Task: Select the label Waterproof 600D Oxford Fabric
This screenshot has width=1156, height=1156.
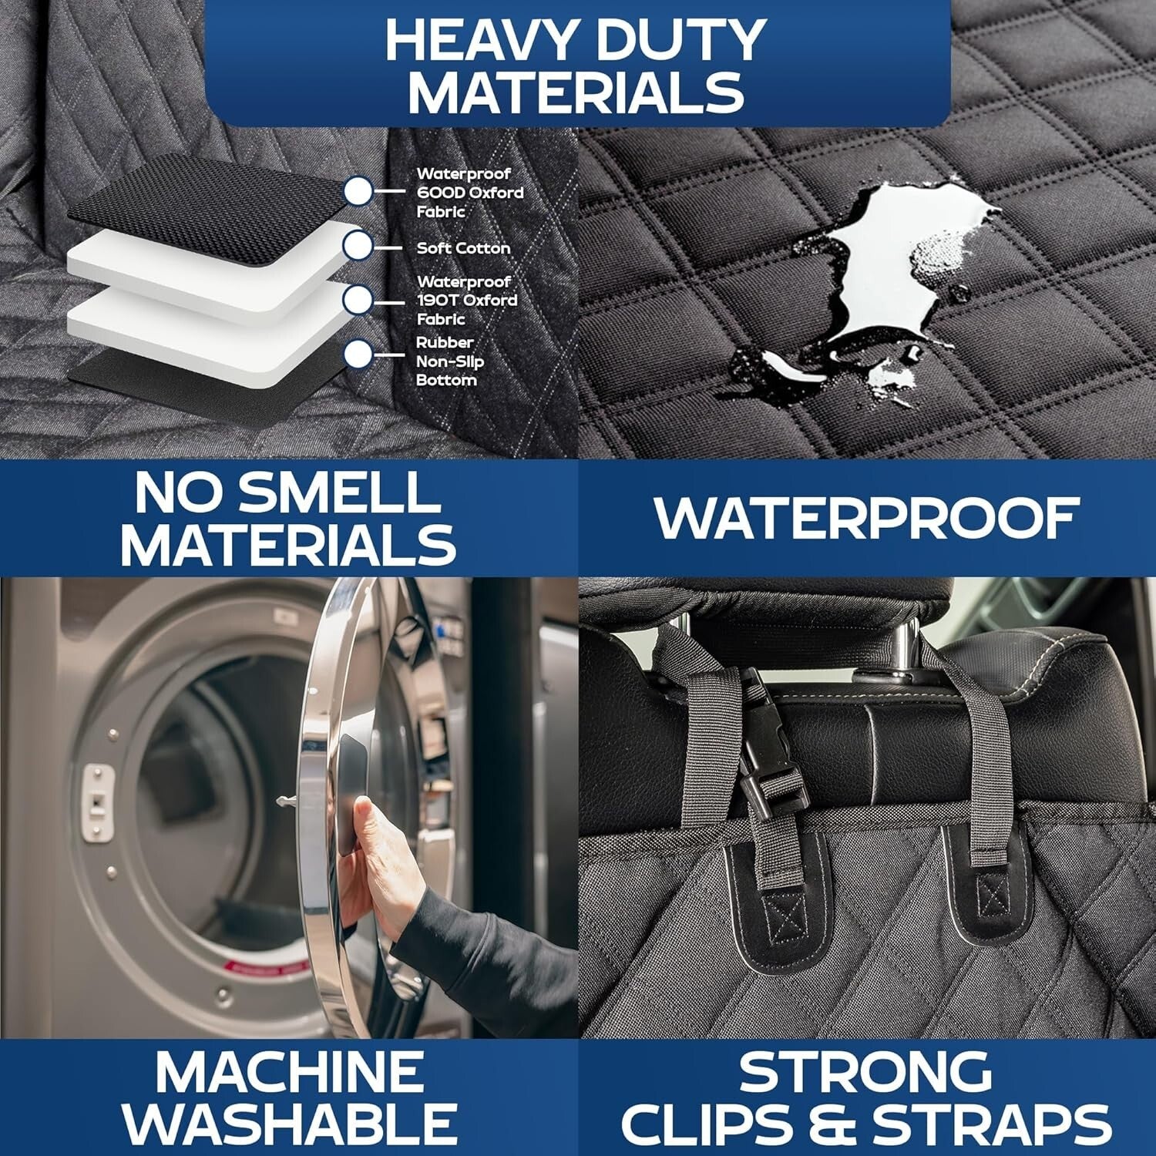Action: (469, 193)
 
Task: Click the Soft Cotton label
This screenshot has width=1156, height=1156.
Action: (463, 248)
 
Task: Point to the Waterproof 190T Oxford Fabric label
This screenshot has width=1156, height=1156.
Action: (466, 301)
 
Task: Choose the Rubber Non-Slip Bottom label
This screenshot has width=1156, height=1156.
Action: (450, 361)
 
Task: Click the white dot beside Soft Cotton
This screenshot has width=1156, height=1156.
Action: (358, 246)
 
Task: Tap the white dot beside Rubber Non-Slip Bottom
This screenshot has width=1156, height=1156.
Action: (358, 355)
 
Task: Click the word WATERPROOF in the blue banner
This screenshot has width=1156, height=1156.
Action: (866, 518)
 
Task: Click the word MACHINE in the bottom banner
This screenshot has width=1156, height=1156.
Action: (290, 1071)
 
